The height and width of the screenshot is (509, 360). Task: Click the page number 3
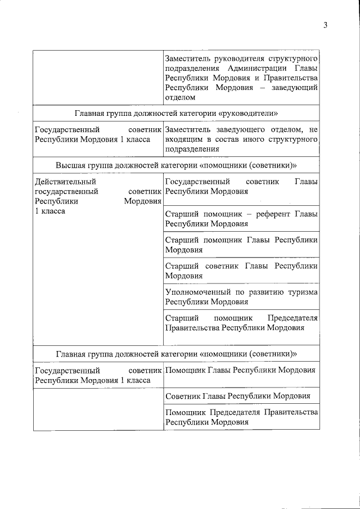coord(325,25)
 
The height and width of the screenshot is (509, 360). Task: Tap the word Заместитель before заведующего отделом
coord(188,130)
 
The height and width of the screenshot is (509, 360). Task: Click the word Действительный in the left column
coord(65,182)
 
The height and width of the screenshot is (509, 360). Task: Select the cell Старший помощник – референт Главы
coord(241,219)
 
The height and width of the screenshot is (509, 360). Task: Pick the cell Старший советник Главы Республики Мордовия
coord(241,271)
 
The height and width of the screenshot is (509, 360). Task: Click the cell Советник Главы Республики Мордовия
coord(241,396)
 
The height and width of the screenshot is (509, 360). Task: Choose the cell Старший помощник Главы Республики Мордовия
coord(241,245)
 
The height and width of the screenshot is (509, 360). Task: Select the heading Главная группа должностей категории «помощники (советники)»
coord(176,354)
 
